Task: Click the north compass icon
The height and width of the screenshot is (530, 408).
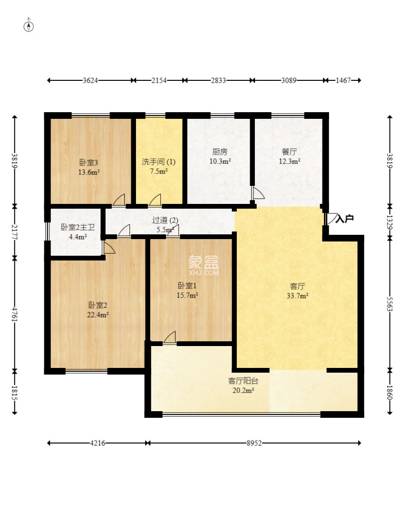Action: click(29, 26)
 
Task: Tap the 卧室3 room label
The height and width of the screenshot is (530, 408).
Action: click(88, 163)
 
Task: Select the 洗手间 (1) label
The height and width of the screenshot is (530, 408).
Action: click(158, 162)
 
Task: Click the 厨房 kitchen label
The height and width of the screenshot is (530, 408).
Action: click(220, 152)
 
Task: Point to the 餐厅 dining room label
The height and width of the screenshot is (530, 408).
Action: click(289, 152)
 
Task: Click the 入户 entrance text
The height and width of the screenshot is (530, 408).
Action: click(345, 219)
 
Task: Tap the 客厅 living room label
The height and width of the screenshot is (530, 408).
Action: click(298, 286)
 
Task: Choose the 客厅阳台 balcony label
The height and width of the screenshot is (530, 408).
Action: click(243, 381)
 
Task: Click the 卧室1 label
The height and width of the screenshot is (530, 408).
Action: click(187, 286)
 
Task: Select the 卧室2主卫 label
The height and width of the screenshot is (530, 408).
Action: click(78, 227)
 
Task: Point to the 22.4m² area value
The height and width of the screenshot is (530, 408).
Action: click(97, 315)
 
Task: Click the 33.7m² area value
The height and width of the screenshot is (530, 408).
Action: click(298, 296)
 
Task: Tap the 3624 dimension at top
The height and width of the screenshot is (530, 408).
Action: click(90, 80)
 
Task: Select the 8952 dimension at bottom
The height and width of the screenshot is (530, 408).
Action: click(254, 443)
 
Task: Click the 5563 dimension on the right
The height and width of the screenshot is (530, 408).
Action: click(389, 304)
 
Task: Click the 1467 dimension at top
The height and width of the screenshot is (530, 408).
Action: click(343, 80)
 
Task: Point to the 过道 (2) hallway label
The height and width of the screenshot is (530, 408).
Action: click(165, 221)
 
